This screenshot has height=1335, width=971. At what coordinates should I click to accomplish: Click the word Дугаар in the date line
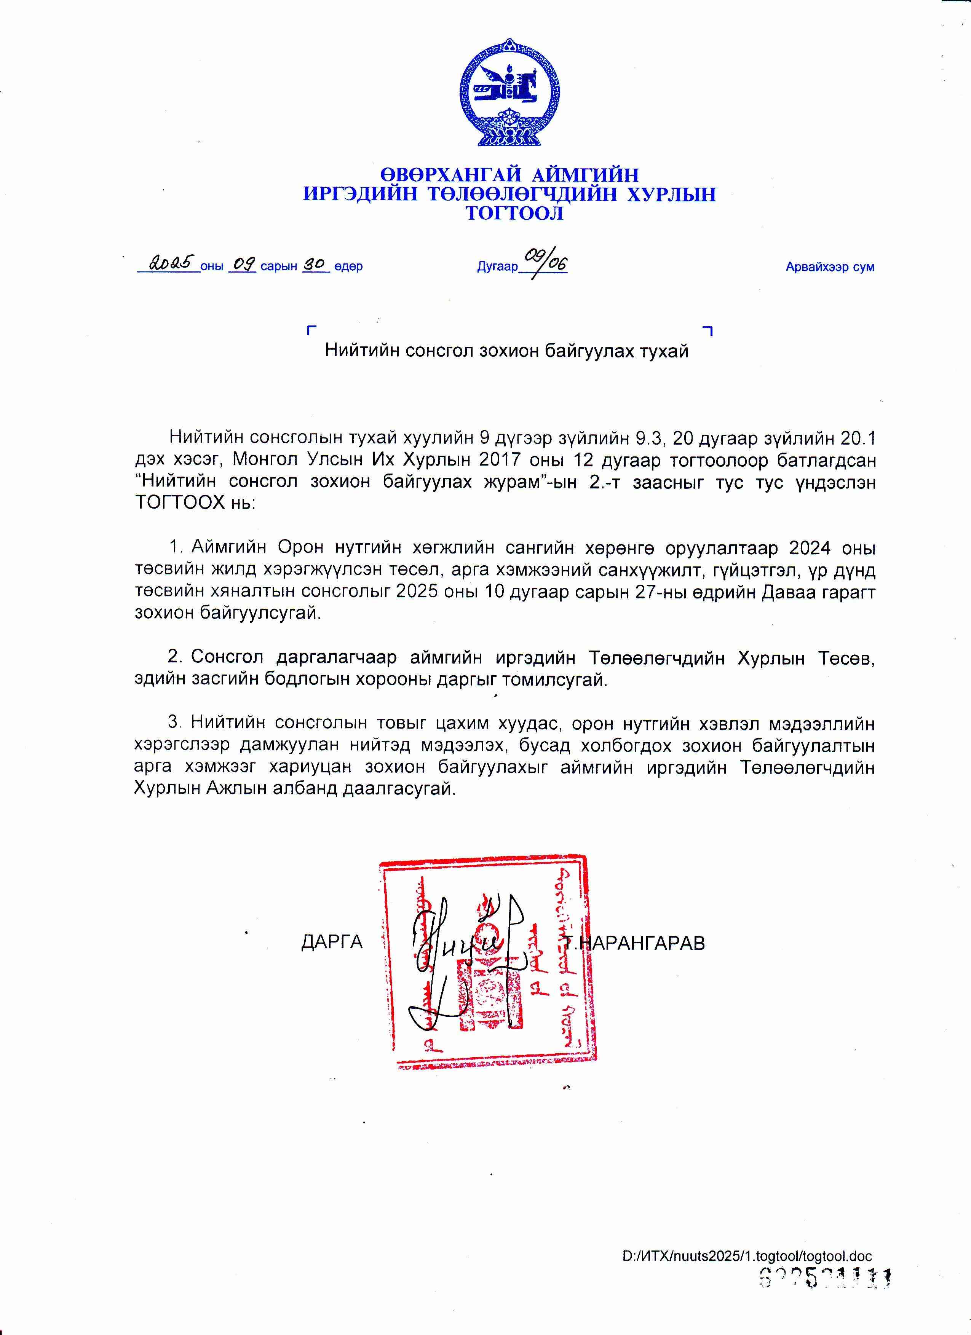coord(497,266)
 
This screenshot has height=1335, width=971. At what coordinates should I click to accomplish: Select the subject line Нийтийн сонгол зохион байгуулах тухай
coord(506,351)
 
